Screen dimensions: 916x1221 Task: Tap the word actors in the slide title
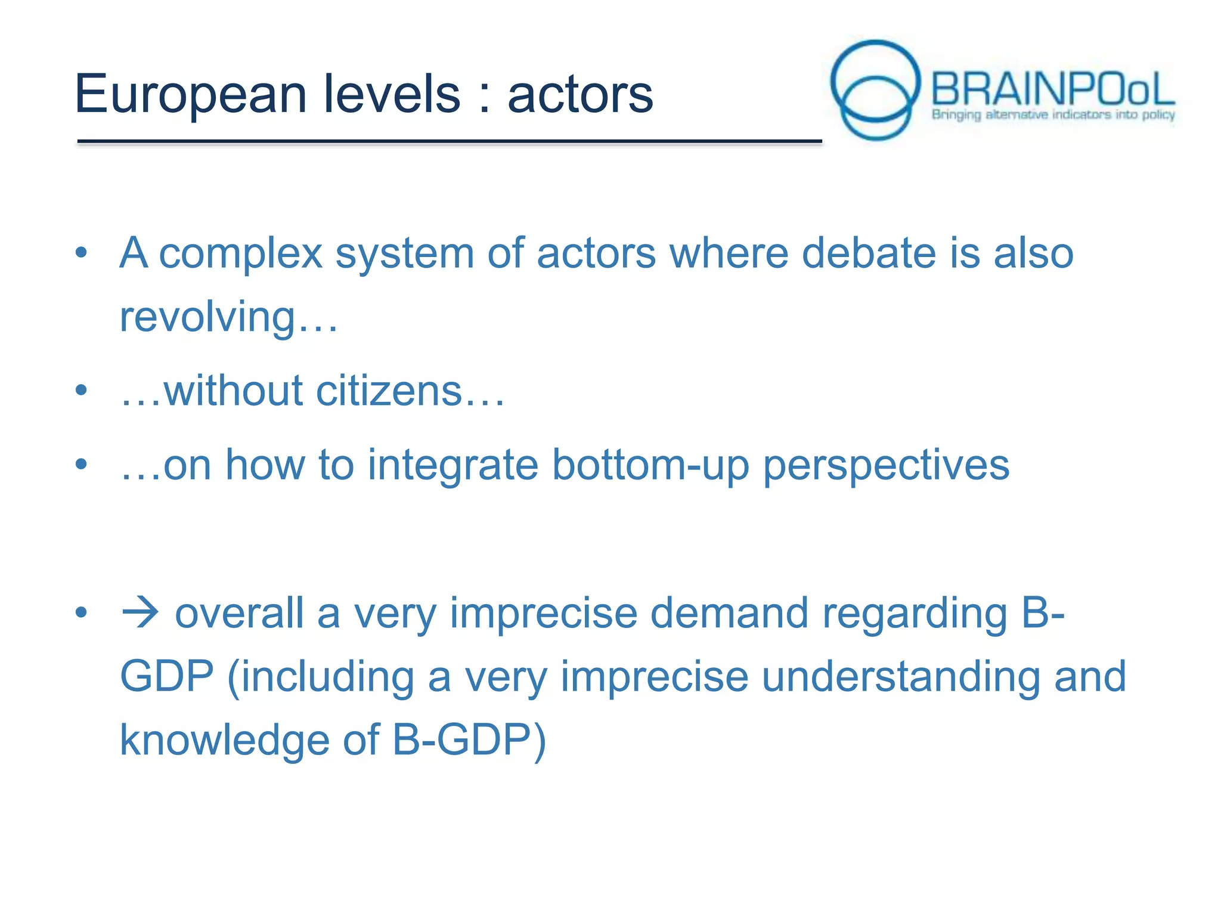(x=580, y=95)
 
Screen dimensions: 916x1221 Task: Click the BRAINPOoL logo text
(x=1052, y=89)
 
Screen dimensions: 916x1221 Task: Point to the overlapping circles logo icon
(x=875, y=89)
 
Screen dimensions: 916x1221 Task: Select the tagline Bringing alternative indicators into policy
(x=1053, y=114)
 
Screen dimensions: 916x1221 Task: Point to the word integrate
(x=453, y=466)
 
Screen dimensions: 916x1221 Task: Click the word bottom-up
(x=650, y=466)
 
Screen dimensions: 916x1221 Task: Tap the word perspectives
(x=886, y=466)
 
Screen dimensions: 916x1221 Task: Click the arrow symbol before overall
(x=140, y=612)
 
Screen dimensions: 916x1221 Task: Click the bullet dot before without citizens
(x=82, y=391)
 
